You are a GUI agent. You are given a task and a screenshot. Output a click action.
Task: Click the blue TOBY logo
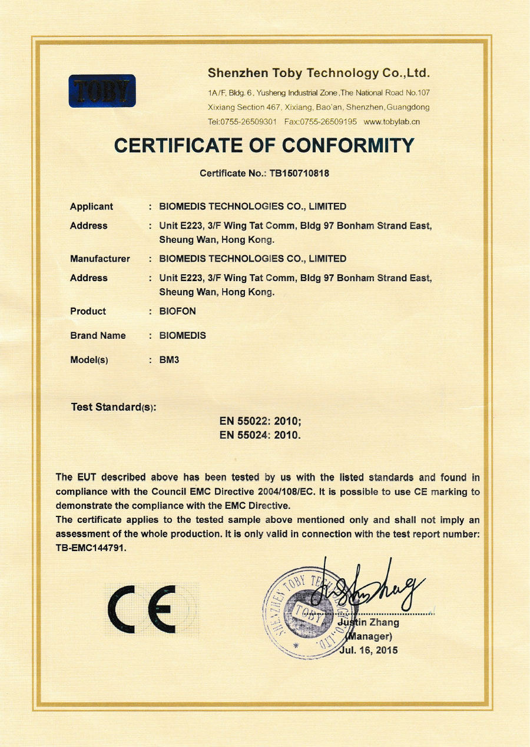click(x=102, y=91)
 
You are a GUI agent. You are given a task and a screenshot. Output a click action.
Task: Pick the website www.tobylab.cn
click(x=392, y=122)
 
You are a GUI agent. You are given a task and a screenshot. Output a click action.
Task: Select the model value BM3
click(x=169, y=359)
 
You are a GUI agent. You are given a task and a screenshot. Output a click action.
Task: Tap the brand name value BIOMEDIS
click(x=183, y=335)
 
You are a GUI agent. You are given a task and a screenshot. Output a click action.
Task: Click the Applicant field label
click(x=91, y=206)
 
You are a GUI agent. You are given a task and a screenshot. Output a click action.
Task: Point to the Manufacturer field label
click(x=100, y=259)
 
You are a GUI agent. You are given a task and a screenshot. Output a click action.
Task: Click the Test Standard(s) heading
click(x=113, y=407)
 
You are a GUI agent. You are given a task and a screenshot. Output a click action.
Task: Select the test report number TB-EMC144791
click(x=91, y=548)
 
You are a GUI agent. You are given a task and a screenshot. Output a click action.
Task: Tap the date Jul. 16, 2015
click(x=368, y=650)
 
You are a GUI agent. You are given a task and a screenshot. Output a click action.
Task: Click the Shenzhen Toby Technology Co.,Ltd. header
click(x=319, y=74)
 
